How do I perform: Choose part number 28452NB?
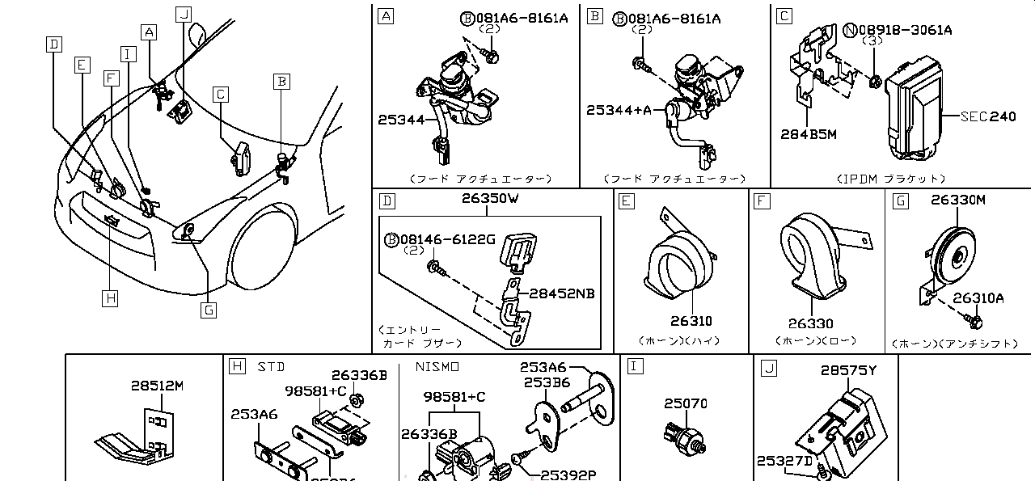[561, 293]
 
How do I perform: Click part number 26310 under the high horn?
[691, 321]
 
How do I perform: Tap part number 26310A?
[978, 297]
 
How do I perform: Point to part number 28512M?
[158, 386]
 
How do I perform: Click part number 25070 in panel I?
[686, 403]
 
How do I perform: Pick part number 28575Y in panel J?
[848, 370]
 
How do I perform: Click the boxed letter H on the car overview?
[111, 298]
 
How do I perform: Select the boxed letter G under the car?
[208, 309]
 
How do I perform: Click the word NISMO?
[437, 367]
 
